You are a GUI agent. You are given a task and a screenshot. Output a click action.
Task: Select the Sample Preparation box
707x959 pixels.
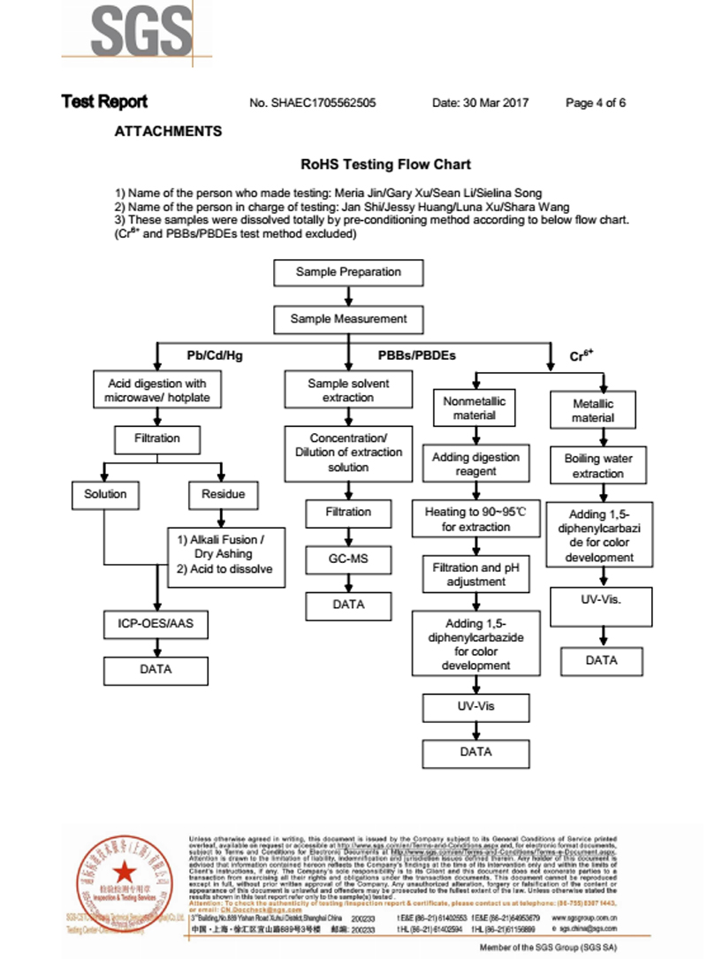[x=348, y=272]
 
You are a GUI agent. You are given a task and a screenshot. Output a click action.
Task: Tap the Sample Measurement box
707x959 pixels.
[x=348, y=319]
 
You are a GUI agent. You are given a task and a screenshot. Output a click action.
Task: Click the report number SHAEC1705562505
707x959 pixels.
[x=313, y=103]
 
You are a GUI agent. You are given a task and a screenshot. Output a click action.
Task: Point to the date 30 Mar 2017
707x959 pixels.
[x=480, y=103]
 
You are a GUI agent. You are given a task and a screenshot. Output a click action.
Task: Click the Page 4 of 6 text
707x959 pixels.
[x=595, y=103]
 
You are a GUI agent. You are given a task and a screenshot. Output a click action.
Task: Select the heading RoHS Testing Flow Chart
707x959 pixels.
[x=385, y=164]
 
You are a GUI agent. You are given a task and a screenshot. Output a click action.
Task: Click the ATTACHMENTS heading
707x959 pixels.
[x=168, y=132]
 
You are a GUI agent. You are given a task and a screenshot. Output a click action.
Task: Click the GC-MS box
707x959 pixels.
[x=348, y=559]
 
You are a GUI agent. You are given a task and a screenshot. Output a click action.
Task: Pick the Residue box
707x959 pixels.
[x=223, y=494]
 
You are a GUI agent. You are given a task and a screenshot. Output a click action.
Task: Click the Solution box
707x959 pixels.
[x=105, y=494]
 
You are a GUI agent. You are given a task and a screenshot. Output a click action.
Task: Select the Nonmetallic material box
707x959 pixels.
[x=475, y=408]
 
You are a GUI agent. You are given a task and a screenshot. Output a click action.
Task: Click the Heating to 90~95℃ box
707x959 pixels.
[x=475, y=520]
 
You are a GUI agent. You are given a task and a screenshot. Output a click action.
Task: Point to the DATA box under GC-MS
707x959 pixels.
[x=348, y=605]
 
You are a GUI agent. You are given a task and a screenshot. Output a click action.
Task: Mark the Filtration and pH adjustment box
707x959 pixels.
[x=475, y=575]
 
